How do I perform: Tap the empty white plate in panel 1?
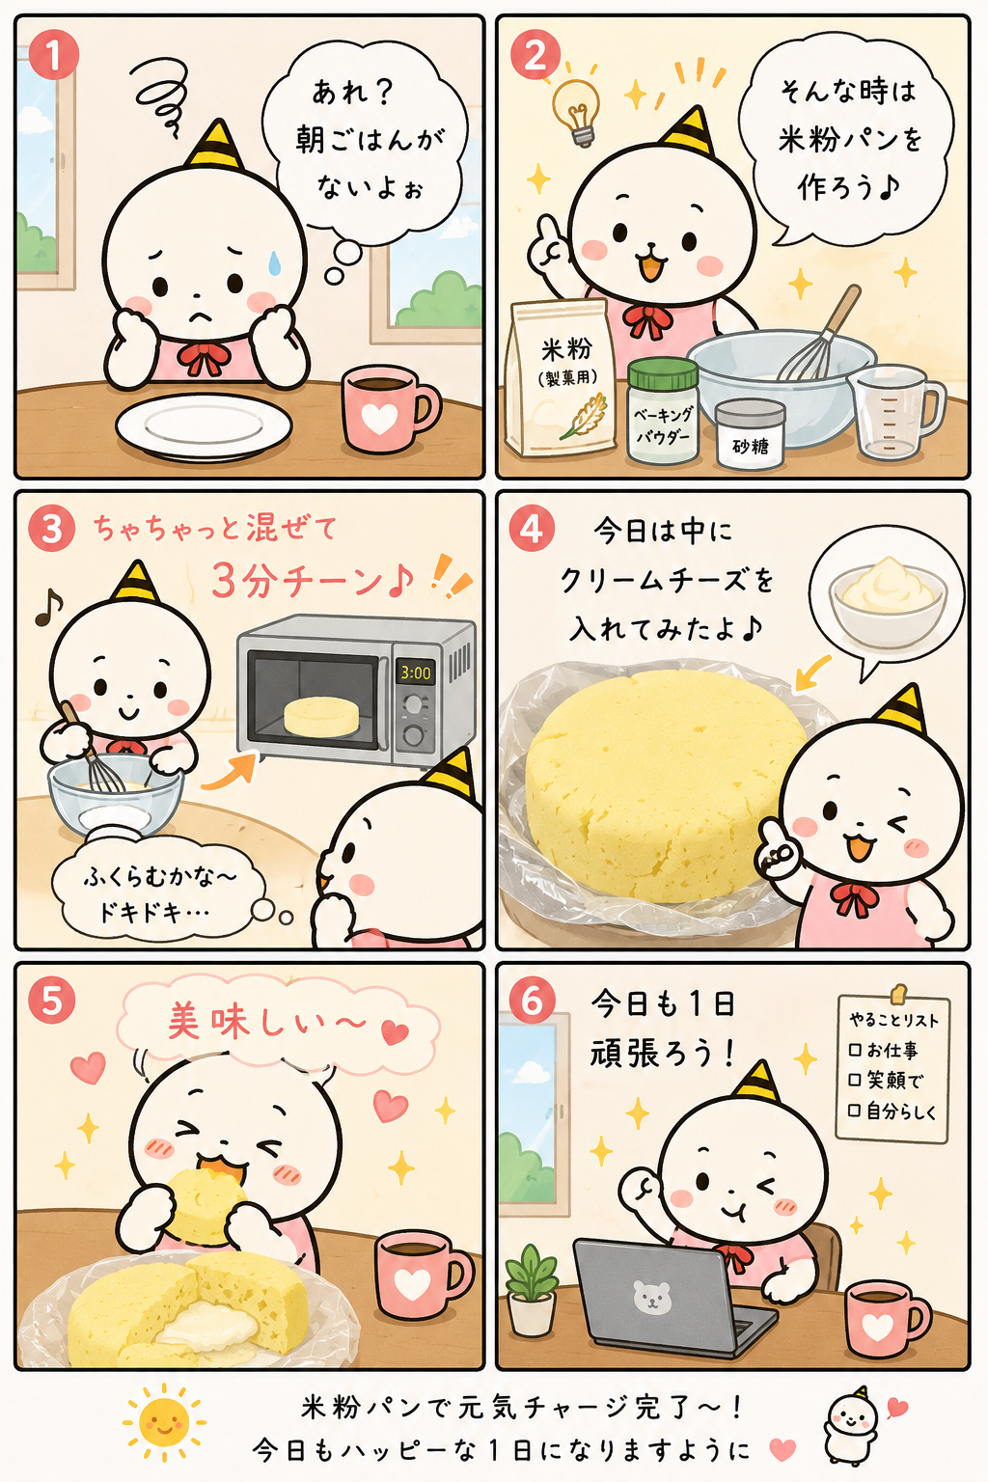coord(204,425)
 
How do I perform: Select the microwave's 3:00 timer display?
coord(415,672)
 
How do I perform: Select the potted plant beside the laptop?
coord(532,1282)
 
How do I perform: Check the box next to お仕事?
coord(855,1050)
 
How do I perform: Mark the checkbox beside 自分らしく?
coord(854,1111)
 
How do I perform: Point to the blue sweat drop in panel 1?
coord(273,262)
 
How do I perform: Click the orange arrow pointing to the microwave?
coord(229,773)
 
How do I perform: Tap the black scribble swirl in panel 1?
coord(163,92)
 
